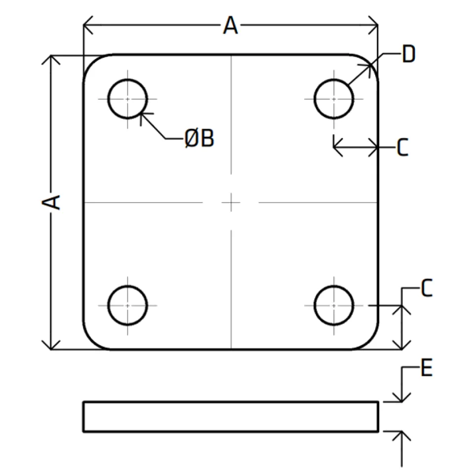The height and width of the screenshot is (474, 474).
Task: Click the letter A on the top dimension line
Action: click(231, 25)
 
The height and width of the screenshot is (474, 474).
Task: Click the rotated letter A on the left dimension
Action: click(51, 202)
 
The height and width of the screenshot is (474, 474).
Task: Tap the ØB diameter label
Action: click(199, 138)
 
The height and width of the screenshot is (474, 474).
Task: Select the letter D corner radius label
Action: click(408, 54)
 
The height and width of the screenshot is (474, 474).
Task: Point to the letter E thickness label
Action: click(427, 367)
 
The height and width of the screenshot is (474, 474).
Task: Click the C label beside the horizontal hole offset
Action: click(402, 147)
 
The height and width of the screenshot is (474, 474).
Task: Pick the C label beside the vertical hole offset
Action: click(427, 288)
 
